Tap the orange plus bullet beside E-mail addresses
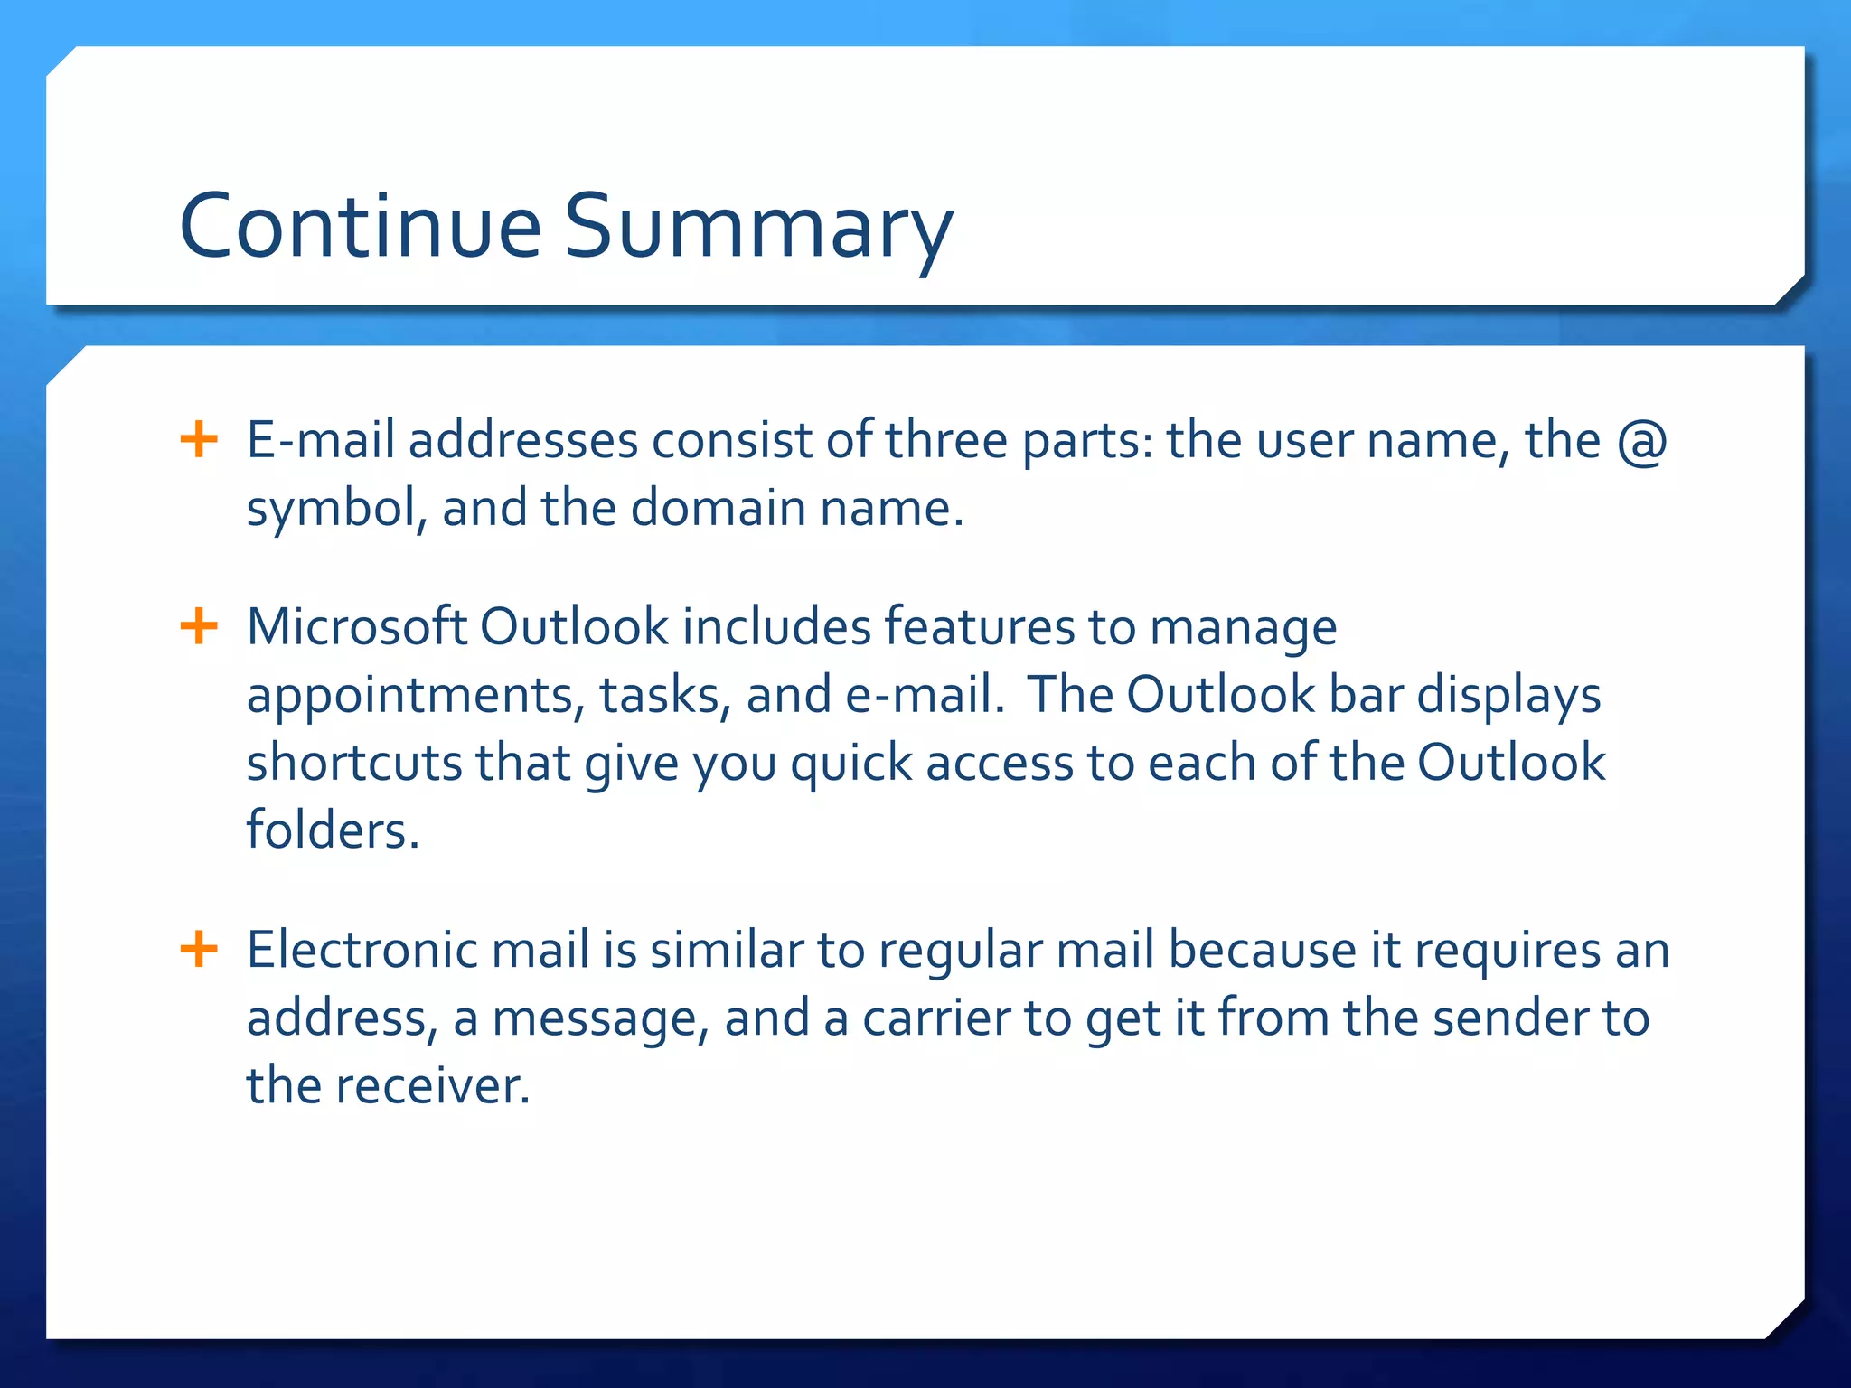coord(199,440)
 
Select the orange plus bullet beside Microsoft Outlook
coord(199,626)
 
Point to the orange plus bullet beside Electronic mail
coord(199,950)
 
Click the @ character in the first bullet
coord(1641,442)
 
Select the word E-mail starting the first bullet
coord(320,441)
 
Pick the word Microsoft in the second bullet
coord(356,626)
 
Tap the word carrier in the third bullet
coord(936,1018)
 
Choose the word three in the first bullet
coord(945,441)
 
